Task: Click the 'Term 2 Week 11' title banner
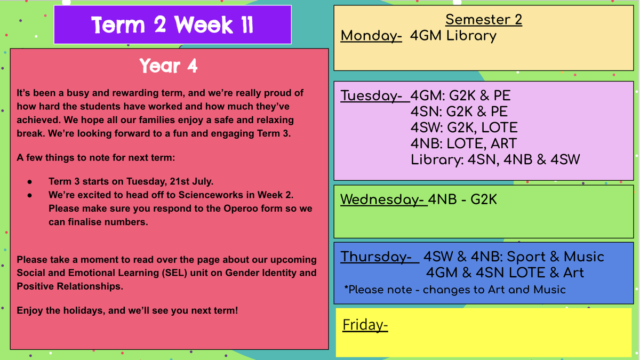click(x=173, y=25)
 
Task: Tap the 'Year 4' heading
click(x=169, y=66)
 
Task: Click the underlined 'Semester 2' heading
click(x=484, y=20)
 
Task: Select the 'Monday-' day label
click(x=371, y=36)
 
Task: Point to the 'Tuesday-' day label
click(x=374, y=95)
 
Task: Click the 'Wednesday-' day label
click(x=383, y=199)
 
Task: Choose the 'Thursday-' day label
click(x=379, y=257)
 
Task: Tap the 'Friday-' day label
click(x=365, y=325)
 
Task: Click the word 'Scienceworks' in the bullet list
click(x=211, y=195)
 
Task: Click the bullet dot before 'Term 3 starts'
click(x=30, y=182)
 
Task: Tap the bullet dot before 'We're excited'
click(x=30, y=195)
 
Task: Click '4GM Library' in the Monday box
click(x=453, y=36)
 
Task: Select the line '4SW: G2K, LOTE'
click(x=464, y=127)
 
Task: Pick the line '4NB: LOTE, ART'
click(x=463, y=143)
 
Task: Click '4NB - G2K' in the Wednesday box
click(x=462, y=199)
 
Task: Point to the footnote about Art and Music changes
click(x=455, y=290)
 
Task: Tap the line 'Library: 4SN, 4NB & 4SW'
click(x=495, y=159)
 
